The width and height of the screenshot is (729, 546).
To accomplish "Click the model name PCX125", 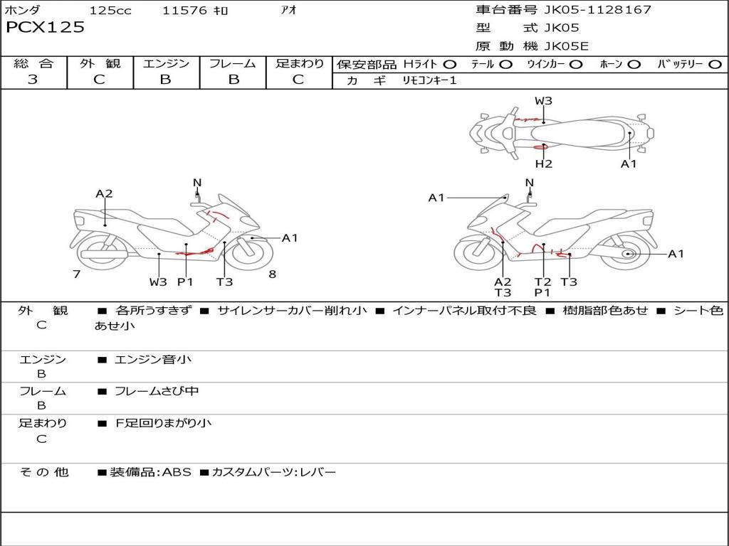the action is coord(45,28).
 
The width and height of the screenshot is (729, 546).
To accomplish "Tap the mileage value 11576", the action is coord(184,11).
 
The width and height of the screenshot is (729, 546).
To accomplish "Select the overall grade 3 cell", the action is coord(33,80).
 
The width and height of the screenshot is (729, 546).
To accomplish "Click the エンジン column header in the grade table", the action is coord(165,63).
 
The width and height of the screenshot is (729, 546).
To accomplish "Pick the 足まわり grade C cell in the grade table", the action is coord(298,80).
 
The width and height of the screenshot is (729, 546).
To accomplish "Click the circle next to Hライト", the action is coord(450,64).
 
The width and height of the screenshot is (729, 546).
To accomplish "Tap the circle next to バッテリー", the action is coord(715,64).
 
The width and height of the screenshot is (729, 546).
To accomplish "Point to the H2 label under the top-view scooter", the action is coord(544,164).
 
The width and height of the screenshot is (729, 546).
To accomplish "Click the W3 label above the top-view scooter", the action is coord(544,101).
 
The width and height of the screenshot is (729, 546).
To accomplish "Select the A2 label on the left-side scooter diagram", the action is coord(104,193).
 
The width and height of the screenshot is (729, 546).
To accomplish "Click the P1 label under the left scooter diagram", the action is coord(185,282).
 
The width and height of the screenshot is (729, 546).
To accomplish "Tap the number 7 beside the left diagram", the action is coord(76,274).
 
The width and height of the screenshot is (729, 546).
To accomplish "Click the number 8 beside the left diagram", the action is coord(272,274).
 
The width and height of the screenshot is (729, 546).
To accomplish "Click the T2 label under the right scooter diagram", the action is coord(543,282).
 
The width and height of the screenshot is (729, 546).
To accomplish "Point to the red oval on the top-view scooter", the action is coord(540,147).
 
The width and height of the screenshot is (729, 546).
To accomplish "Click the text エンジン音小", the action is coord(153,360).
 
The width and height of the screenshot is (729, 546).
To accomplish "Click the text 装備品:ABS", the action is coord(150,472).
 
